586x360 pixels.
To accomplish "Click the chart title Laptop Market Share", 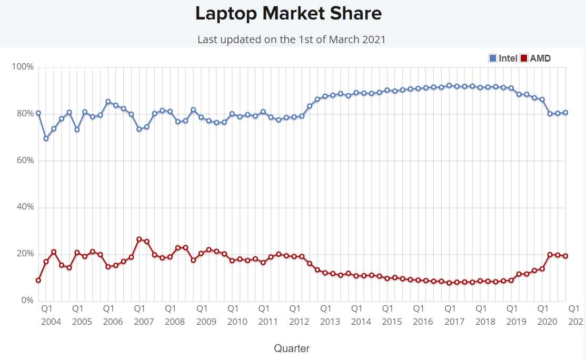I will click(288, 14).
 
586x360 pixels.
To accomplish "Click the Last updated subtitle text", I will click(291, 39).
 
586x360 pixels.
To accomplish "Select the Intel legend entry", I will click(503, 58).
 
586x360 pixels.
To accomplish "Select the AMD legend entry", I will click(535, 58).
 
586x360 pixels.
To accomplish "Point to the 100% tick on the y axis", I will click(23, 67).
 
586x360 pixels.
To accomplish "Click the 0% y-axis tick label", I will click(27, 301).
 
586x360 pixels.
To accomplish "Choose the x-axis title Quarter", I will click(292, 348).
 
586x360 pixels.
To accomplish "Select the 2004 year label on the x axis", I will click(51, 322).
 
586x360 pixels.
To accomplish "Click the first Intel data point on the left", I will click(38, 113).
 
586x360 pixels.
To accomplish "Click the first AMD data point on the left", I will click(38, 281).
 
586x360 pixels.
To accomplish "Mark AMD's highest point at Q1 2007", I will click(139, 239).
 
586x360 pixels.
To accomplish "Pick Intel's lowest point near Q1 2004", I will click(46, 138).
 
